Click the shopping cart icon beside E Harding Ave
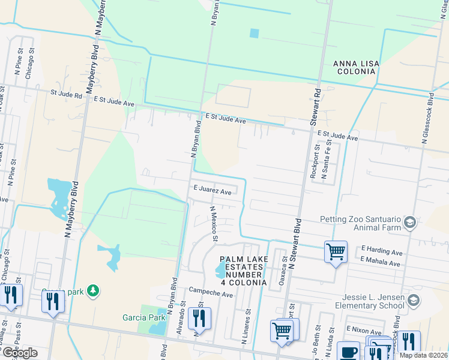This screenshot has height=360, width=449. coord(336,252)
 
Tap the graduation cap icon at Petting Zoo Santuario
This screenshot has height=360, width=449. coord(410,223)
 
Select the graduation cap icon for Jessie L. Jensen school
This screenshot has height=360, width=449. coord(414,301)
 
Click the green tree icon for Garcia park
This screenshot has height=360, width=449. coord(92,291)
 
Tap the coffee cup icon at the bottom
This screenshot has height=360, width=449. coord(348,352)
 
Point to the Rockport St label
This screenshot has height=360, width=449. coord(315,160)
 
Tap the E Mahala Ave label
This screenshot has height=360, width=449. coord(381,263)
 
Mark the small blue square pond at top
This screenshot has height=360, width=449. coord(254,33)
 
